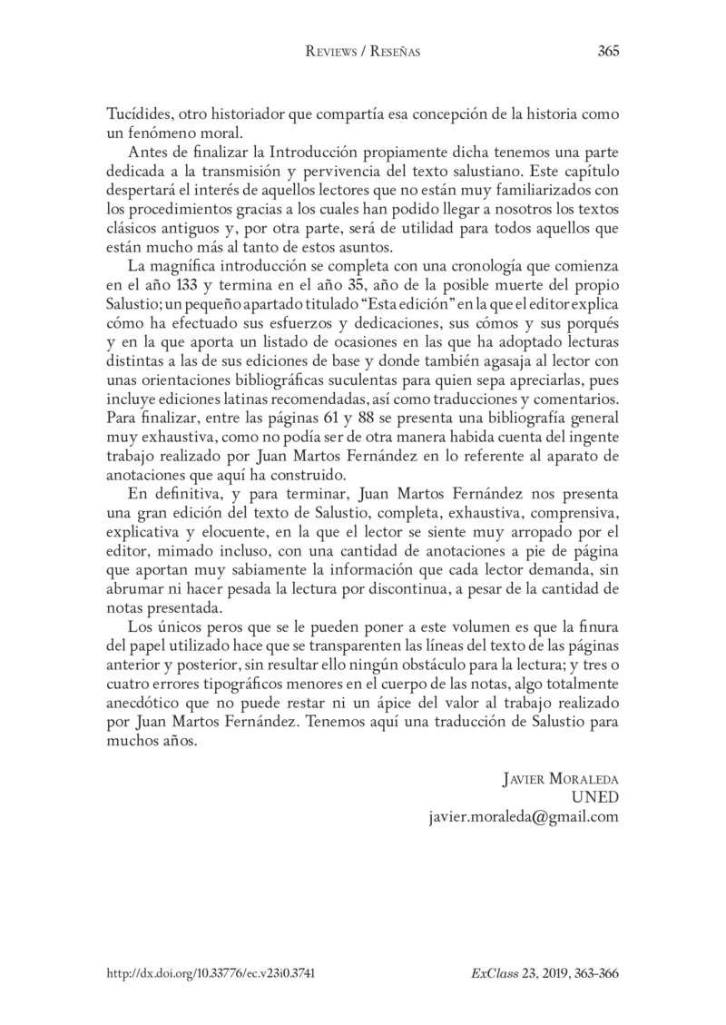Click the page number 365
pos(608,51)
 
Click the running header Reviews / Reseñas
pos(362,52)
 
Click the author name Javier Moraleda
pos(559,780)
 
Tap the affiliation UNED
pos(594,798)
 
